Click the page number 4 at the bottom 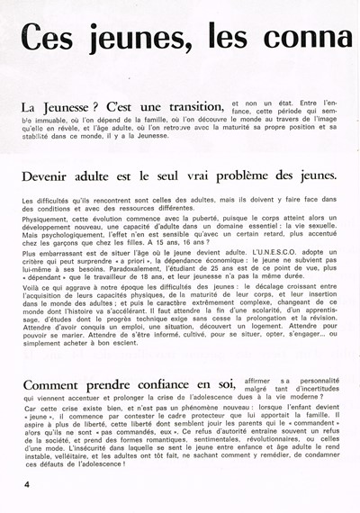(16, 483)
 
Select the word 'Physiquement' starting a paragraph (48, 215)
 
